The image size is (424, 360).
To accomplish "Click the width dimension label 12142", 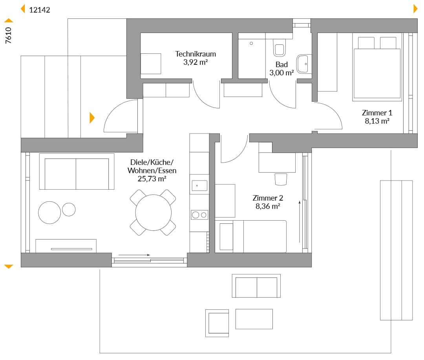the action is pyautogui.click(x=40, y=10).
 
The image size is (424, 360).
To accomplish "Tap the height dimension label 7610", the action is pyautogui.click(x=9, y=35).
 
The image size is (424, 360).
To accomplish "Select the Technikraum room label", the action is pyautogui.click(x=196, y=54).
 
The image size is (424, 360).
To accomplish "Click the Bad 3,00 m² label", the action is pyautogui.click(x=281, y=69).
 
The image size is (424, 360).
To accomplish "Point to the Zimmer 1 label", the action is pyautogui.click(x=377, y=113).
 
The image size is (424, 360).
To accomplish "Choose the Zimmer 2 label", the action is pyautogui.click(x=268, y=198).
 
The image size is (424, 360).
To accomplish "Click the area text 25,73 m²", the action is pyautogui.click(x=152, y=179).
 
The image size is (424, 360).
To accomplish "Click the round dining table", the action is pyautogui.click(x=154, y=213).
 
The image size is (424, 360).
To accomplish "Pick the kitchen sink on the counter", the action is pyautogui.click(x=199, y=186).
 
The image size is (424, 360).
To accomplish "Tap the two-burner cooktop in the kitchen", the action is pyautogui.click(x=199, y=215).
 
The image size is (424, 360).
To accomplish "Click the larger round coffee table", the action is pyautogui.click(x=49, y=213).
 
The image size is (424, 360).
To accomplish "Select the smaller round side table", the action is pyautogui.click(x=69, y=210).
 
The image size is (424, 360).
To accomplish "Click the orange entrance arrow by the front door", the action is pyautogui.click(x=92, y=118).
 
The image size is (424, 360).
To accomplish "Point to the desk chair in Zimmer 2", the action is pyautogui.click(x=281, y=179).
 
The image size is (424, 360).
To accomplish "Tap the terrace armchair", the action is pyautogui.click(x=217, y=323).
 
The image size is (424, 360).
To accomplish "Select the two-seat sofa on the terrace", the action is pyautogui.click(x=256, y=286).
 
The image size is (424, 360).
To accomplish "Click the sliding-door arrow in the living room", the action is pyautogui.click(x=134, y=255).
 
